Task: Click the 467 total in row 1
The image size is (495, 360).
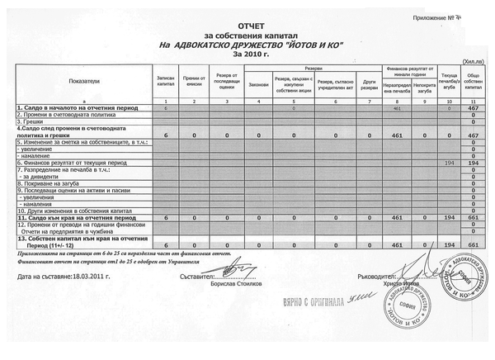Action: (x=474, y=108)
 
